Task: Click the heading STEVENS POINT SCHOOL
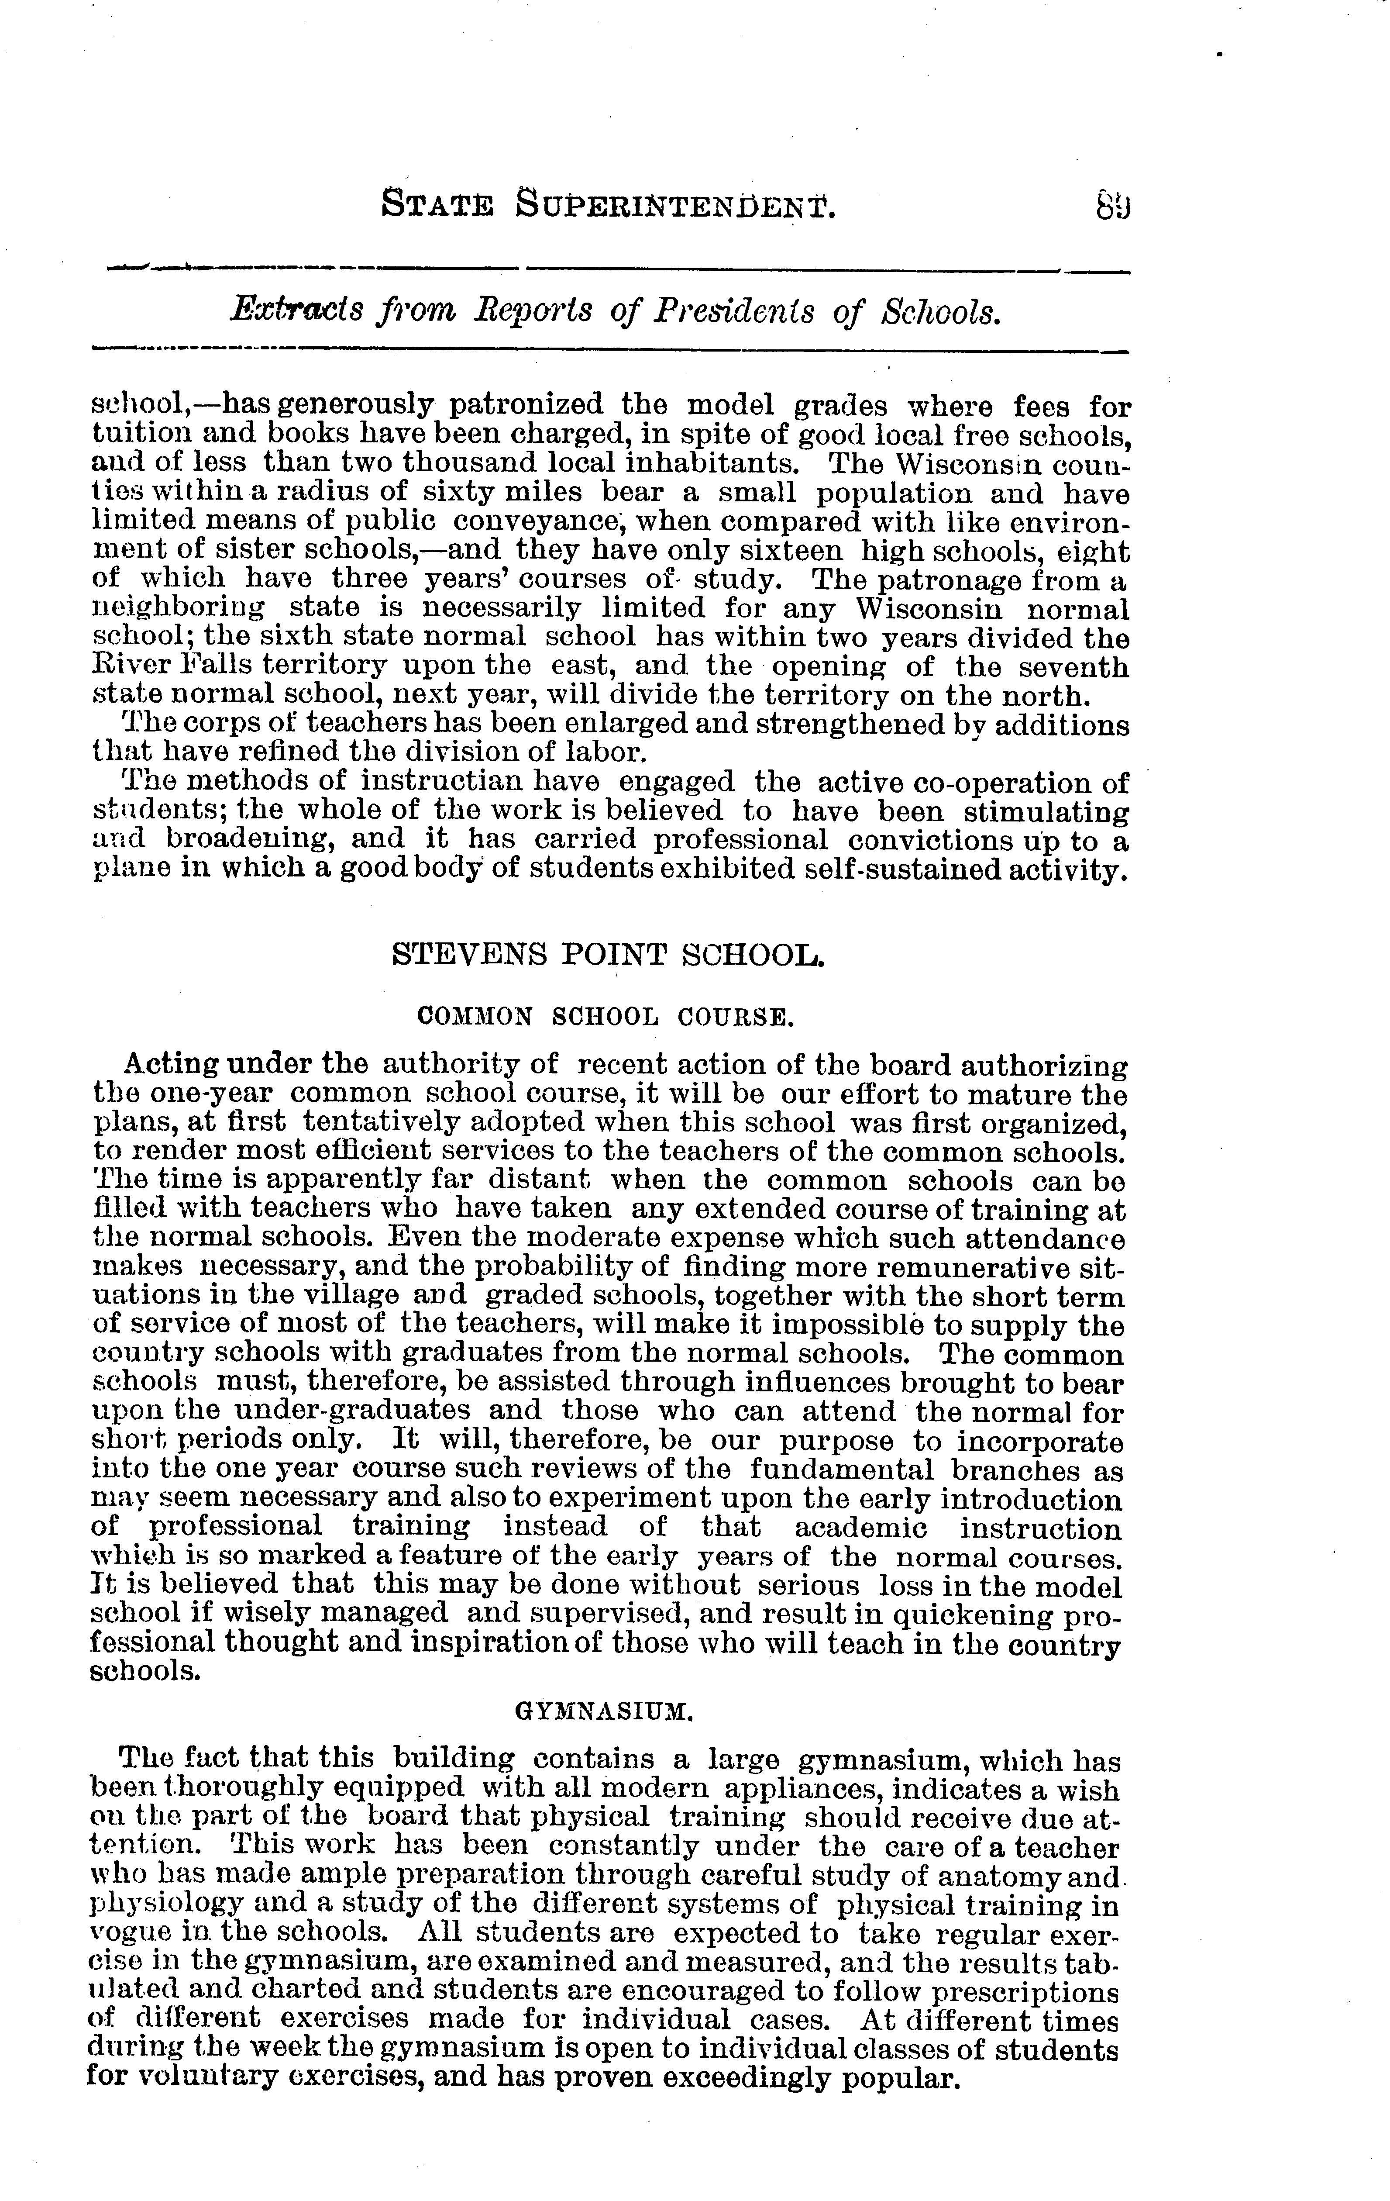(608, 955)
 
